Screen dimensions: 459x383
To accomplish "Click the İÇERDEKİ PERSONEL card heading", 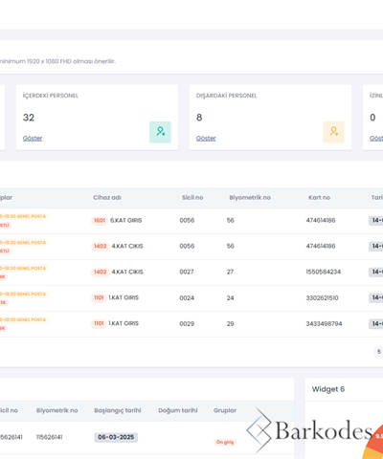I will [x=51, y=96].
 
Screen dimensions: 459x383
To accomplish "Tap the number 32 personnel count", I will [x=29, y=118].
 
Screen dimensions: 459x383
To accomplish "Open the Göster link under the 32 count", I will [x=33, y=138].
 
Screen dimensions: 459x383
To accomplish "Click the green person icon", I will [x=160, y=132].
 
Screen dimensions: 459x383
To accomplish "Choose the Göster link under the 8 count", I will [x=206, y=138].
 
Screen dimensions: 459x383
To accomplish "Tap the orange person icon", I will [x=333, y=132].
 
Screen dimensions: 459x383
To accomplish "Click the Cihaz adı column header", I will [x=107, y=197].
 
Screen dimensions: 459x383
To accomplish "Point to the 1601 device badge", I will [x=100, y=220].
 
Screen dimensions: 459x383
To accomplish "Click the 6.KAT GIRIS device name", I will [x=126, y=220].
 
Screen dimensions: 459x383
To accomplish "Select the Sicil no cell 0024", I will [x=187, y=297].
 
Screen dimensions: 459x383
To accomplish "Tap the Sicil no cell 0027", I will [x=187, y=272].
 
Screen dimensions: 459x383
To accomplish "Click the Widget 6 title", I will [x=328, y=389].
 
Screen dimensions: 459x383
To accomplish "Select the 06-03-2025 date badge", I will [x=116, y=437].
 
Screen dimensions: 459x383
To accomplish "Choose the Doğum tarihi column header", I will [x=176, y=410].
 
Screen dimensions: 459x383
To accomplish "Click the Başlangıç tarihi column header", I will [x=117, y=410].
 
